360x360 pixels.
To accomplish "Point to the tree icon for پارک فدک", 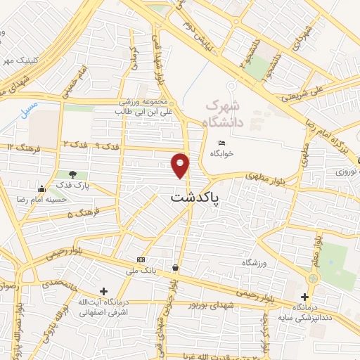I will point(74,174).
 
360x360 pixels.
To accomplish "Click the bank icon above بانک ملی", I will point(141,259).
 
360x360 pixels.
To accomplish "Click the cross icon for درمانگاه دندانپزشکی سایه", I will point(304,297).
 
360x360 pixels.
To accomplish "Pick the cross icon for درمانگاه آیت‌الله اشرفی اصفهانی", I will point(104,291).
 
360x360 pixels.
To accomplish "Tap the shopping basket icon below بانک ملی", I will point(174,267).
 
